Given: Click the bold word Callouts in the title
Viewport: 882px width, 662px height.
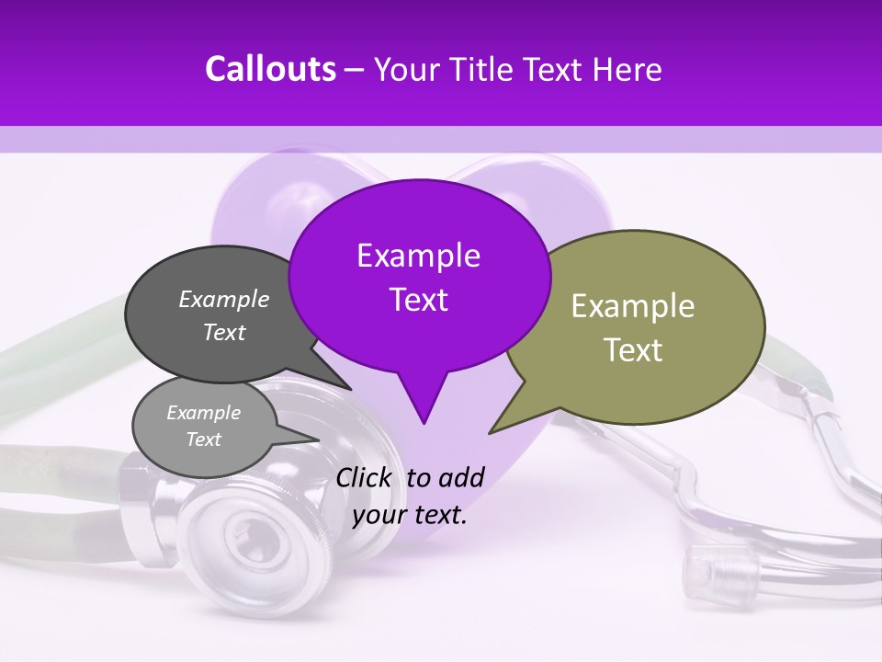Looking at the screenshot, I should click(270, 69).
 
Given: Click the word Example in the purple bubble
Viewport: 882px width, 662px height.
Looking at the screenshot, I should click(418, 256).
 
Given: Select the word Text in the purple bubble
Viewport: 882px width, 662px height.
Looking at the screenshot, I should click(418, 300).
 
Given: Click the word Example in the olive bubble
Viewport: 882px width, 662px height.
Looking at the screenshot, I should click(633, 306).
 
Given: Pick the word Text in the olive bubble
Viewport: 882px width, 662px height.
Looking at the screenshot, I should click(633, 350).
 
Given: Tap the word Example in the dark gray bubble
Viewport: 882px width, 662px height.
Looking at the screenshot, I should click(224, 299).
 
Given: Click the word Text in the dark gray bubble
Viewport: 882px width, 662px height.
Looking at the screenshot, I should click(224, 332).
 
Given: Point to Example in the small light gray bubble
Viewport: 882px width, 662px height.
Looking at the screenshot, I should click(203, 413).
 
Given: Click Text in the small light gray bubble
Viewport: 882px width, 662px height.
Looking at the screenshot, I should click(203, 439).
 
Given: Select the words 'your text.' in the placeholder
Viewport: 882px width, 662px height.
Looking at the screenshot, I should click(410, 515).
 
